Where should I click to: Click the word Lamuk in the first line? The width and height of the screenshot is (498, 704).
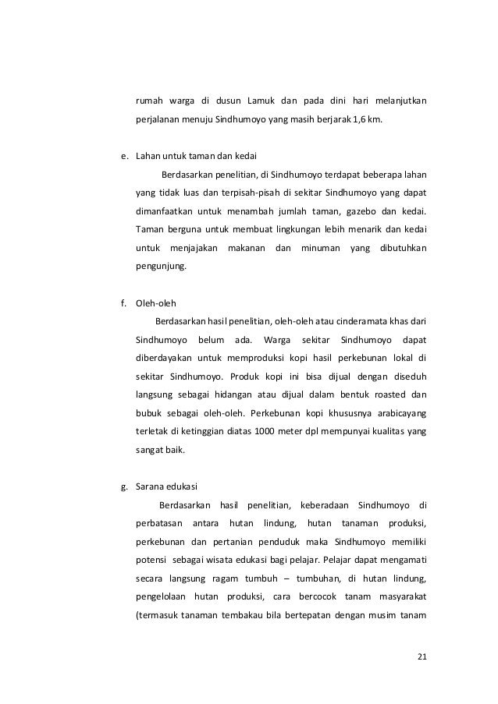point(261,101)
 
